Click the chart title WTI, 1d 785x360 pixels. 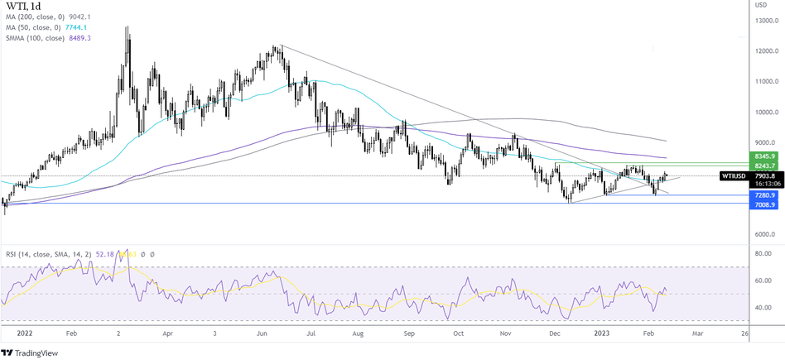(x=26, y=8)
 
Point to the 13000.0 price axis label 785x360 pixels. (x=765, y=21)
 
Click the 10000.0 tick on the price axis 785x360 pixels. (x=765, y=113)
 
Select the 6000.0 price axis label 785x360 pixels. (x=765, y=234)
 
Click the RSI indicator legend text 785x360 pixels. (x=50, y=254)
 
